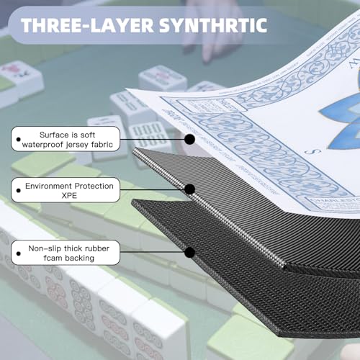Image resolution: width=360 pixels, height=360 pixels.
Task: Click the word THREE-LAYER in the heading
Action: (87, 25)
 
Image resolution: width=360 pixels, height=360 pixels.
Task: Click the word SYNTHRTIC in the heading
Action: (213, 25)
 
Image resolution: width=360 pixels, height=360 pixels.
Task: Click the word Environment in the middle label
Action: (48, 186)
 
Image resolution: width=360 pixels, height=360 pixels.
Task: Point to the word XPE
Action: (69, 196)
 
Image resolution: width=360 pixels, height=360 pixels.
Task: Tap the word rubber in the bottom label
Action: (97, 248)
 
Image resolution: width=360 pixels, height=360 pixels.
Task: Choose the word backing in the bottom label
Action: (80, 258)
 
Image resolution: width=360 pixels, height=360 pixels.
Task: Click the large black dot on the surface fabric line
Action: (189, 139)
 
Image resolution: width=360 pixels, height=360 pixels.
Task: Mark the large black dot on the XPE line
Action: (189, 189)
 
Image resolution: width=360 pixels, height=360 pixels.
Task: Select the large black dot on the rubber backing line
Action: (189, 252)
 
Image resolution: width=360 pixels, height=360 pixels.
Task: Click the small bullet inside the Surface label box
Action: (19, 139)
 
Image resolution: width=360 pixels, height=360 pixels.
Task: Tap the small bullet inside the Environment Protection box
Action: (19, 191)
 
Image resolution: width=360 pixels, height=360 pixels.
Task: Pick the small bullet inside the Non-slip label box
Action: (19, 253)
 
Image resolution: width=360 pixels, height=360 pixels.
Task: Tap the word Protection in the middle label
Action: (94, 186)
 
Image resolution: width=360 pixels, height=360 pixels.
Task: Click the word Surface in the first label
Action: (53, 135)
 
